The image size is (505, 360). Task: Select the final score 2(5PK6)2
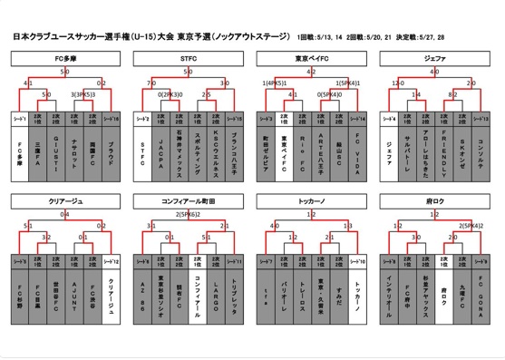coord(188,213)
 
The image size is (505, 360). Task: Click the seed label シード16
coord(112,118)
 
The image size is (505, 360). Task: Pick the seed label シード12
coord(112,259)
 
